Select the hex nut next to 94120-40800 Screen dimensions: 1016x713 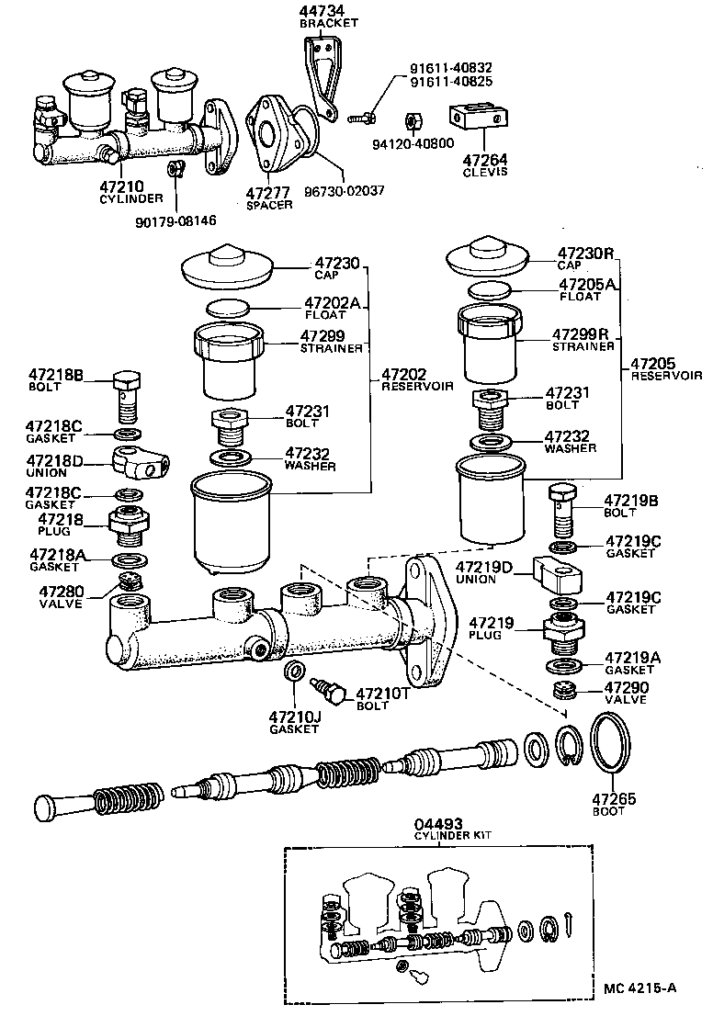(x=413, y=121)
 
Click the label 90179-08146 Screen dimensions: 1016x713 (x=175, y=220)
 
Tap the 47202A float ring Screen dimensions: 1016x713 (x=228, y=306)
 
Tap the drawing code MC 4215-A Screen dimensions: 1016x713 (x=640, y=988)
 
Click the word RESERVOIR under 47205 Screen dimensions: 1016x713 (x=666, y=376)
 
